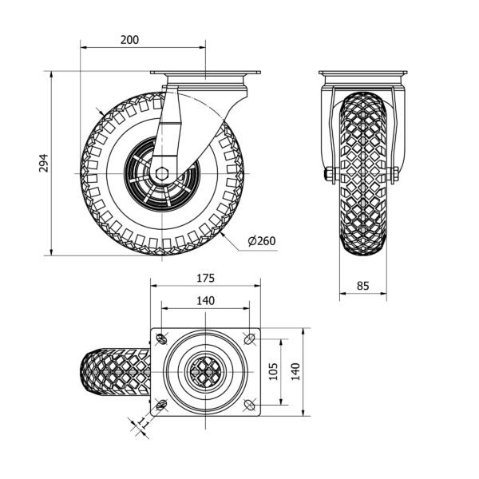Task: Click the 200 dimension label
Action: click(x=129, y=40)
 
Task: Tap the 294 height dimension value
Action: click(x=44, y=163)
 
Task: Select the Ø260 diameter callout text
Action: click(x=262, y=241)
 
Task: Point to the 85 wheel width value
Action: click(x=363, y=286)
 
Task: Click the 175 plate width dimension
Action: click(x=206, y=279)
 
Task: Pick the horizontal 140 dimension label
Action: click(x=206, y=301)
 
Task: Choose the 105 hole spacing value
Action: click(x=274, y=371)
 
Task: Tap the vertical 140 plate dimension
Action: click(x=295, y=371)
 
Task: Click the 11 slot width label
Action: click(x=143, y=423)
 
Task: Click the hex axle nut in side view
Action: click(x=161, y=174)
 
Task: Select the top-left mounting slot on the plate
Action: click(x=161, y=338)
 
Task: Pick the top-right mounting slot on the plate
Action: click(x=250, y=338)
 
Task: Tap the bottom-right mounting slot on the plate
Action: click(x=250, y=405)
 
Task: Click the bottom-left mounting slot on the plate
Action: click(x=161, y=405)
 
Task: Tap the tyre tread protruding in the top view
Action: click(x=115, y=372)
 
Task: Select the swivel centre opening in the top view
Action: click(x=206, y=372)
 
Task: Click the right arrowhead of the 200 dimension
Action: click(x=202, y=48)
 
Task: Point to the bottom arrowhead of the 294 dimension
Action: click(x=51, y=252)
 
